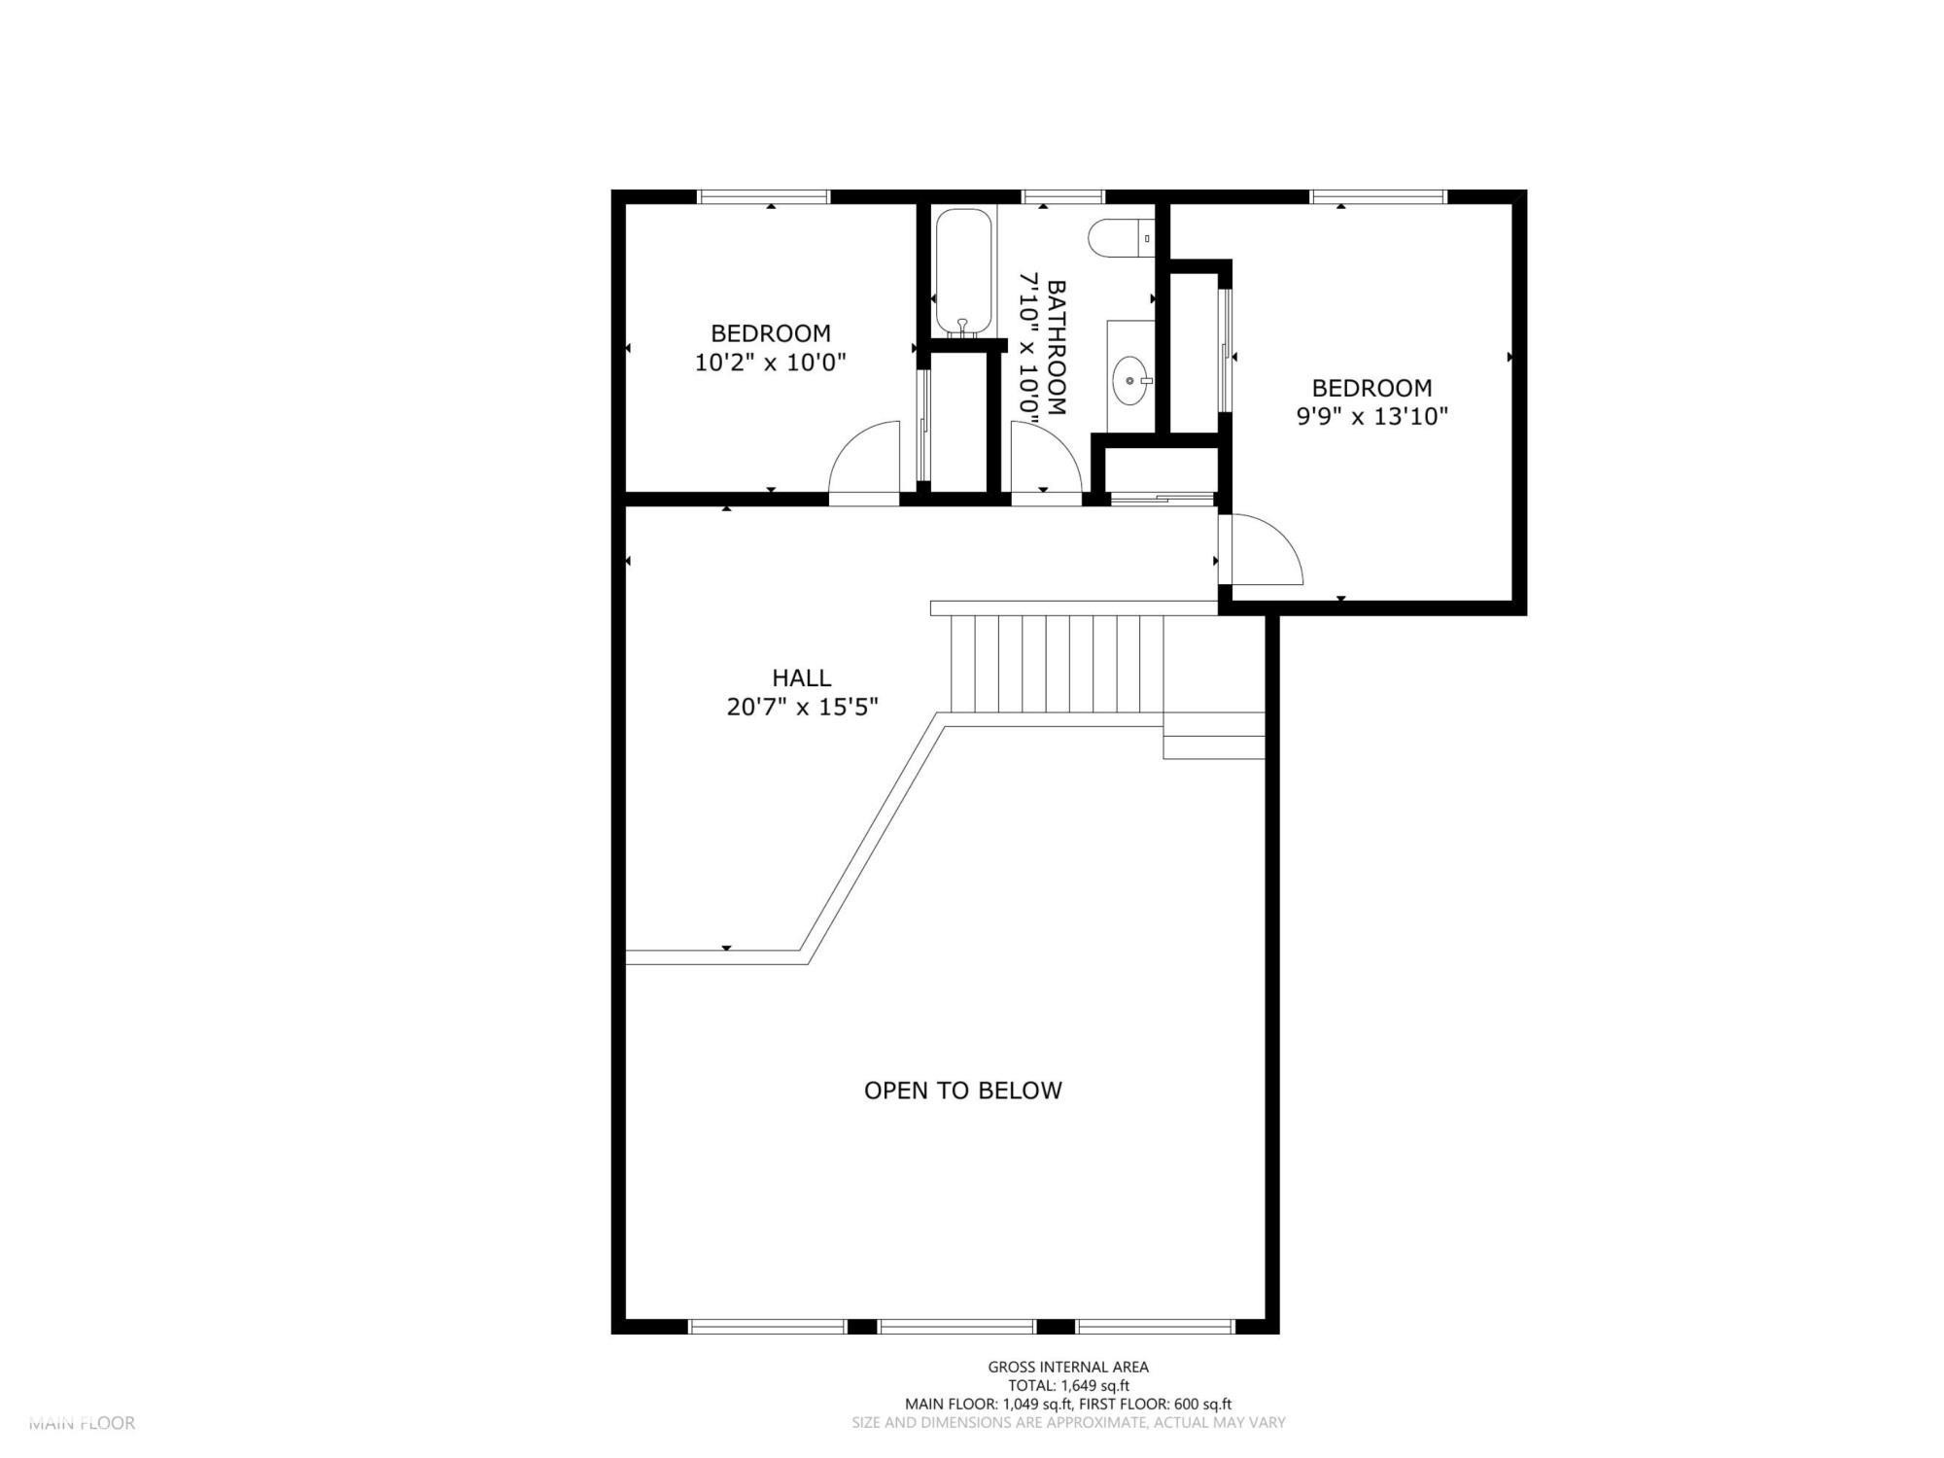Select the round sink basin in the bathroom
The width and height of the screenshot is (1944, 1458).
click(1130, 380)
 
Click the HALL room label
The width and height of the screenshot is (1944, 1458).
click(802, 677)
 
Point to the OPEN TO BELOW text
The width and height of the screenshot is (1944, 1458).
click(962, 1091)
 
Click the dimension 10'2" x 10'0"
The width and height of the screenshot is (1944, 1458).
click(770, 364)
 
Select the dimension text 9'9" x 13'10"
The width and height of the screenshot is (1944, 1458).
click(1371, 417)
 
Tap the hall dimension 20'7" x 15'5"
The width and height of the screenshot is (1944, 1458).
click(802, 708)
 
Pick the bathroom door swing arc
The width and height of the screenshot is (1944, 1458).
click(1044, 459)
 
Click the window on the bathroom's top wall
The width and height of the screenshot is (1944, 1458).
click(1063, 196)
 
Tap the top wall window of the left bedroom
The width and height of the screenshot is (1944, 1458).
click(764, 196)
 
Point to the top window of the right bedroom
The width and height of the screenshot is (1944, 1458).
click(1378, 196)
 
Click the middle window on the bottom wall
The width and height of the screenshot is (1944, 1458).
click(956, 1327)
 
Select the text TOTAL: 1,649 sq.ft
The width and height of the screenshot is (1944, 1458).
click(1067, 1386)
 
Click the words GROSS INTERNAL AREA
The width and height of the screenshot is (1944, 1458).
click(1067, 1368)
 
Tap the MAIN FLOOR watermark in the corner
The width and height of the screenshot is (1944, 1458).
click(82, 1423)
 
